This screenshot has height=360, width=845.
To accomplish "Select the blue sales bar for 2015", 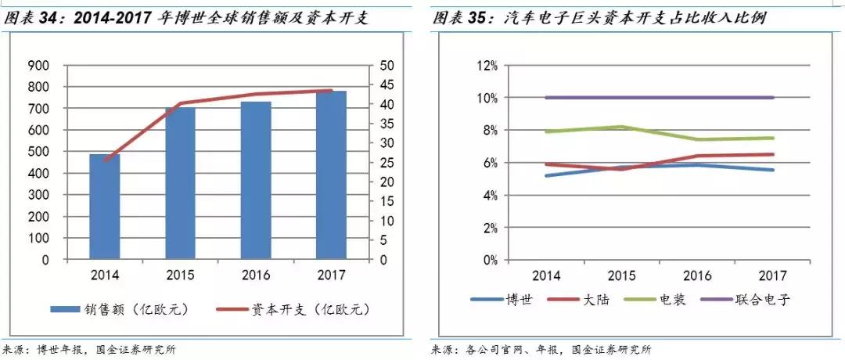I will (180, 183).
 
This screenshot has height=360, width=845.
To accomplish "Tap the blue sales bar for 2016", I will (256, 180).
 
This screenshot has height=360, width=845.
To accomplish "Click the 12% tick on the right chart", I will (487, 66).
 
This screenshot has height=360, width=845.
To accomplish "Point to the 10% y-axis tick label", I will (487, 98).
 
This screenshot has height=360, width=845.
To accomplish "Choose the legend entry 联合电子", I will (763, 299).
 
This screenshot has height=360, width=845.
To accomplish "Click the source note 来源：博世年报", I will (47, 350).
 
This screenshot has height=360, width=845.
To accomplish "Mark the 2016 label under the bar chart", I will (256, 275).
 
